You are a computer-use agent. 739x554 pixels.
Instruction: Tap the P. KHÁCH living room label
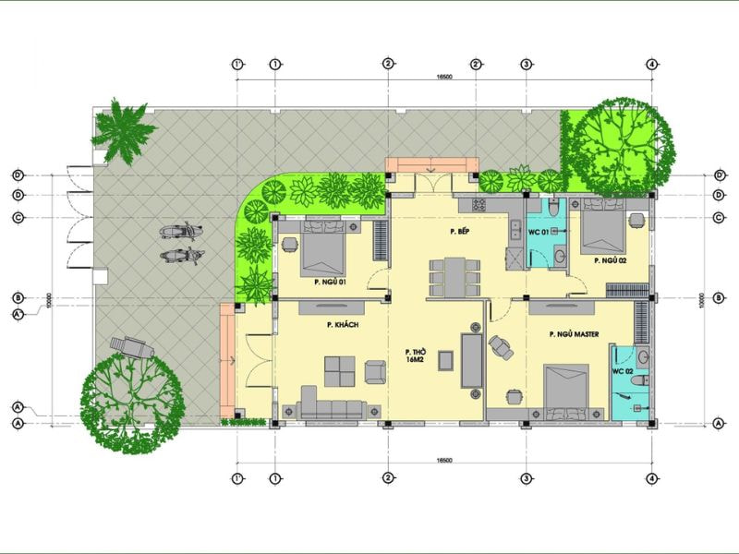pos(342,325)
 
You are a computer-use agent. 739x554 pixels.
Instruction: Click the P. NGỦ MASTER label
pos(575,334)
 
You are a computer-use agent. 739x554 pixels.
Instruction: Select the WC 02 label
pos(622,370)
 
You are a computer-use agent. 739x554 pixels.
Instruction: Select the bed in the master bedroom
pos(565,387)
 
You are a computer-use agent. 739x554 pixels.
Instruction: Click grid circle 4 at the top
pos(652,64)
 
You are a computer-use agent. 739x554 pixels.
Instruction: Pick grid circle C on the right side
pos(720,217)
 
